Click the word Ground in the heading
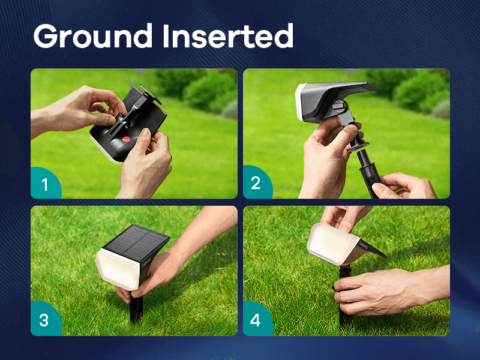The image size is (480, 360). tap(93, 35)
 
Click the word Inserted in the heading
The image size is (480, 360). tap(228, 35)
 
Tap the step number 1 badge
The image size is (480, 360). tap(46, 184)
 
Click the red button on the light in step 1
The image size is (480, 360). tap(126, 139)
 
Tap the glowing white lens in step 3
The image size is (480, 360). tap(118, 269)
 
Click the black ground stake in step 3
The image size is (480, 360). tap(136, 308)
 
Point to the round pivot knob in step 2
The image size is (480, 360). tap(340, 107)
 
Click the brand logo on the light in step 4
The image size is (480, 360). tap(364, 245)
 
